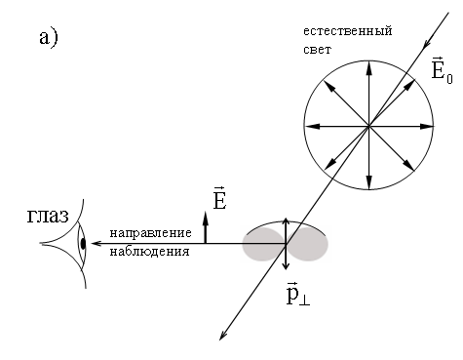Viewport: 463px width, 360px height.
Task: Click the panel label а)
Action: pyautogui.click(x=49, y=38)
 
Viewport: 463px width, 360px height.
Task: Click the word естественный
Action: pyautogui.click(x=348, y=31)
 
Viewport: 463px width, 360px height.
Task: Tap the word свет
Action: pyautogui.click(x=317, y=50)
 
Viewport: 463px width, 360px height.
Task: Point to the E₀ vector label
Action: pyautogui.click(x=442, y=70)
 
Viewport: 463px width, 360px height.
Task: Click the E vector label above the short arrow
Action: pyautogui.click(x=219, y=198)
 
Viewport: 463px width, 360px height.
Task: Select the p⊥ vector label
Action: pyautogui.click(x=298, y=295)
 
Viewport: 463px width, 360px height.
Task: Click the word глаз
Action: pyautogui.click(x=48, y=216)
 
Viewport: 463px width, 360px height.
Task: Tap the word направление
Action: pyautogui.click(x=150, y=233)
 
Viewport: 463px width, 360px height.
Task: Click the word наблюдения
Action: pyautogui.click(x=149, y=252)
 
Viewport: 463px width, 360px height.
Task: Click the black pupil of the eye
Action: pyautogui.click(x=83, y=243)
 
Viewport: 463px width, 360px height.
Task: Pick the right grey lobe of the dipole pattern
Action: pyautogui.click(x=307, y=244)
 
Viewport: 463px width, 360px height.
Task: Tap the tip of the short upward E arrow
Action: pyautogui.click(x=205, y=212)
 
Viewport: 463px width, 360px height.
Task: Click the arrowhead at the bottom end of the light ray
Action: pyautogui.click(x=222, y=336)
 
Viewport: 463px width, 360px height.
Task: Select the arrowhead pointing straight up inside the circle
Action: pyautogui.click(x=368, y=66)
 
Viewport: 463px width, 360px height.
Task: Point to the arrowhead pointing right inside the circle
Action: pyautogui.click(x=427, y=126)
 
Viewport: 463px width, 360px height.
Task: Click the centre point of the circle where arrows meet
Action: pyautogui.click(x=368, y=126)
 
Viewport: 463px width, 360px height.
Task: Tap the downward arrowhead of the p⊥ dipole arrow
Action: pyautogui.click(x=286, y=265)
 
